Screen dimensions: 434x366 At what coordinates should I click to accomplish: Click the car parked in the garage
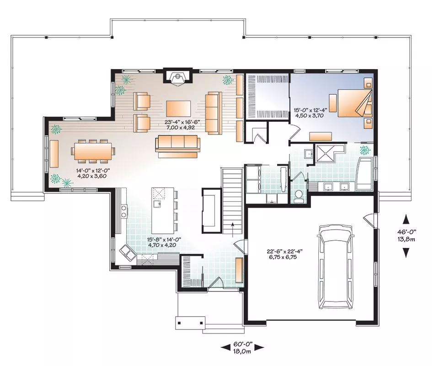(x=336, y=267)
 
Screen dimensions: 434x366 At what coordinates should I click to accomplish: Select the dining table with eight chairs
(x=93, y=151)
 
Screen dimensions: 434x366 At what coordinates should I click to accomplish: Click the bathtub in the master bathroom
(x=364, y=174)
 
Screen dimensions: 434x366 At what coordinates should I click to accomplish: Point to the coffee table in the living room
(x=178, y=109)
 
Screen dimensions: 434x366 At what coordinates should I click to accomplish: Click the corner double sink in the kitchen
(x=128, y=253)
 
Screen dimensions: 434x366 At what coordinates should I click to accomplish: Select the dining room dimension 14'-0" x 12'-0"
(x=91, y=173)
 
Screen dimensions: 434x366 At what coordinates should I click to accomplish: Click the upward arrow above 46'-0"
(x=406, y=219)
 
